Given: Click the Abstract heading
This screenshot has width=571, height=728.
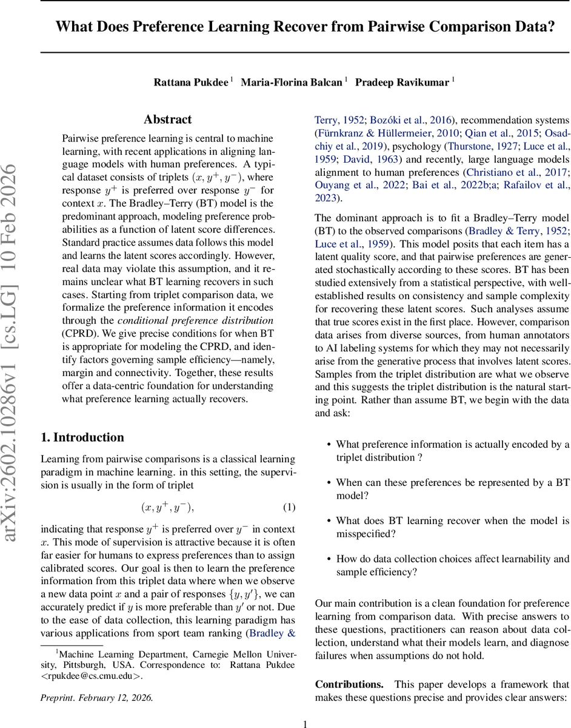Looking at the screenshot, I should pyautogui.click(x=167, y=120).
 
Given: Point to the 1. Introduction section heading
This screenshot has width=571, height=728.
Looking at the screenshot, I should pyautogui.click(x=82, y=437).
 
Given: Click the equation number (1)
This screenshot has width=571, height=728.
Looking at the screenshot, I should pyautogui.click(x=289, y=490).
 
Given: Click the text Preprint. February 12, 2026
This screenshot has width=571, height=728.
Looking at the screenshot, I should pyautogui.click(x=96, y=698).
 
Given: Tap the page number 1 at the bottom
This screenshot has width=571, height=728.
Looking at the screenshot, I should pyautogui.click(x=306, y=723).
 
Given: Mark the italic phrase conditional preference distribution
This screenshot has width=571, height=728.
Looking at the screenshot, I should pyautogui.click(x=195, y=320).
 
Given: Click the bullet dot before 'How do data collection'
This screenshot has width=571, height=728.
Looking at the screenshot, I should pyautogui.click(x=329, y=559).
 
